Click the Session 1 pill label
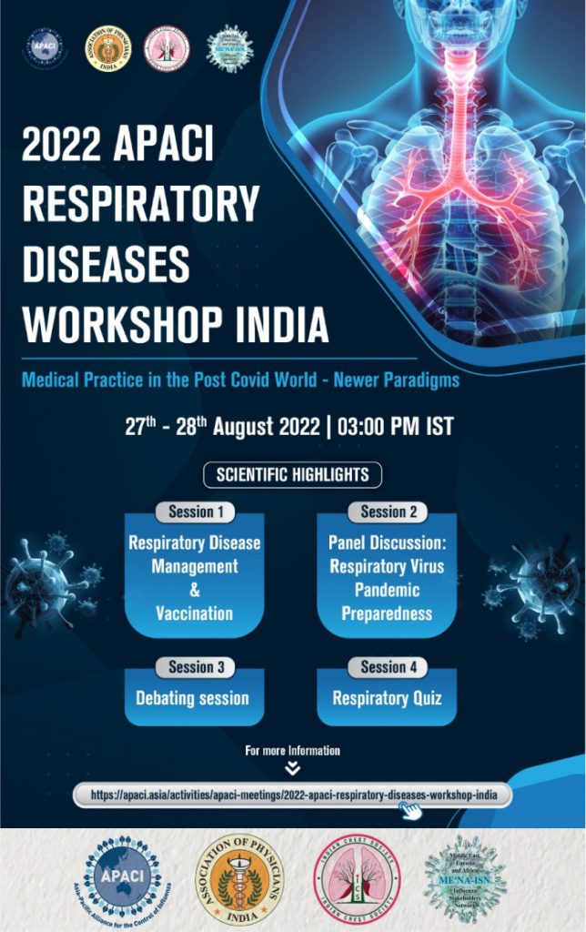[195, 512]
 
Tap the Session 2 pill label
[389, 512]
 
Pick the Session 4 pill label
[389, 667]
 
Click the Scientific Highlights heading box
[292, 475]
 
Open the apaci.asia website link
[293, 795]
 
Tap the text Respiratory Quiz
[388, 699]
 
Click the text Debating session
[192, 699]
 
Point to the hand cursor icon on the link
[411, 810]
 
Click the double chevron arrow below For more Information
[292, 768]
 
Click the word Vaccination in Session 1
[194, 613]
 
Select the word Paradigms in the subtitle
[415, 380]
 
